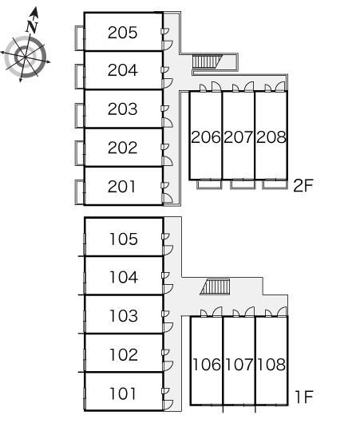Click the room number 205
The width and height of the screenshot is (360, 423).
[x=122, y=33]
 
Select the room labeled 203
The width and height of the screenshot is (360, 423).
[x=122, y=109]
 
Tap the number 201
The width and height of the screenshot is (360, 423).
[x=121, y=187]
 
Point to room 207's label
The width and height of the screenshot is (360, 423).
[x=239, y=137]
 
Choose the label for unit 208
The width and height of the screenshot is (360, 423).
[x=271, y=137]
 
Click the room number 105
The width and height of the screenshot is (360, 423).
[x=124, y=239]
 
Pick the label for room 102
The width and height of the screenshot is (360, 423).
[x=124, y=354]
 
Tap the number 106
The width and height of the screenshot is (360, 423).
[x=207, y=365]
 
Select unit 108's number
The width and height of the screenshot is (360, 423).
[x=271, y=365]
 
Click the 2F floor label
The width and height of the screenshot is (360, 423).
[x=303, y=186]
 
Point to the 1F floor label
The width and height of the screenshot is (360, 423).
[x=304, y=397]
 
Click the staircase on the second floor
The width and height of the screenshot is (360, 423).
[x=207, y=61]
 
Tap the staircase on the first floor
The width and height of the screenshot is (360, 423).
[x=215, y=287]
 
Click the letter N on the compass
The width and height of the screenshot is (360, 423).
[x=32, y=26]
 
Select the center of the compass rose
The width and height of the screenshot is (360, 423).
[x=26, y=57]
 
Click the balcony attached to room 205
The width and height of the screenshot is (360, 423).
[x=80, y=38]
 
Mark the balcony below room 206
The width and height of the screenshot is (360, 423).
[x=209, y=184]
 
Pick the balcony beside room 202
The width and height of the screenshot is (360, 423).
[x=80, y=153]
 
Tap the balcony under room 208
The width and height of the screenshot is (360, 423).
[x=274, y=184]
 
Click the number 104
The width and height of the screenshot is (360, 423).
[x=124, y=277]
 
